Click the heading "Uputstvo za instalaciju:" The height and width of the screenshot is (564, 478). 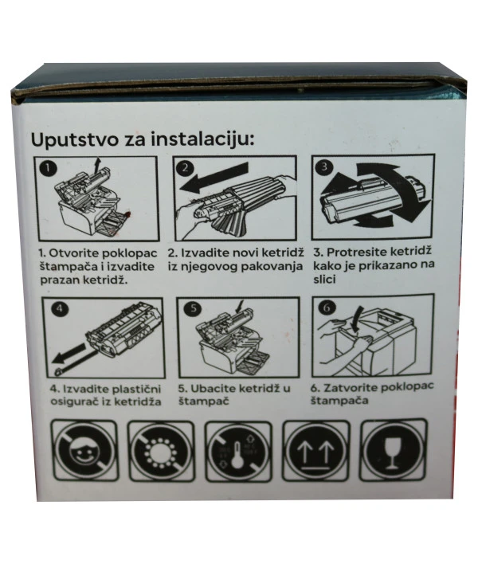[x=142, y=139]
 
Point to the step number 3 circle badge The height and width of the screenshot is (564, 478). [x=323, y=167]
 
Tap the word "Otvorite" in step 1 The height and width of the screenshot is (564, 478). [x=70, y=253]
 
